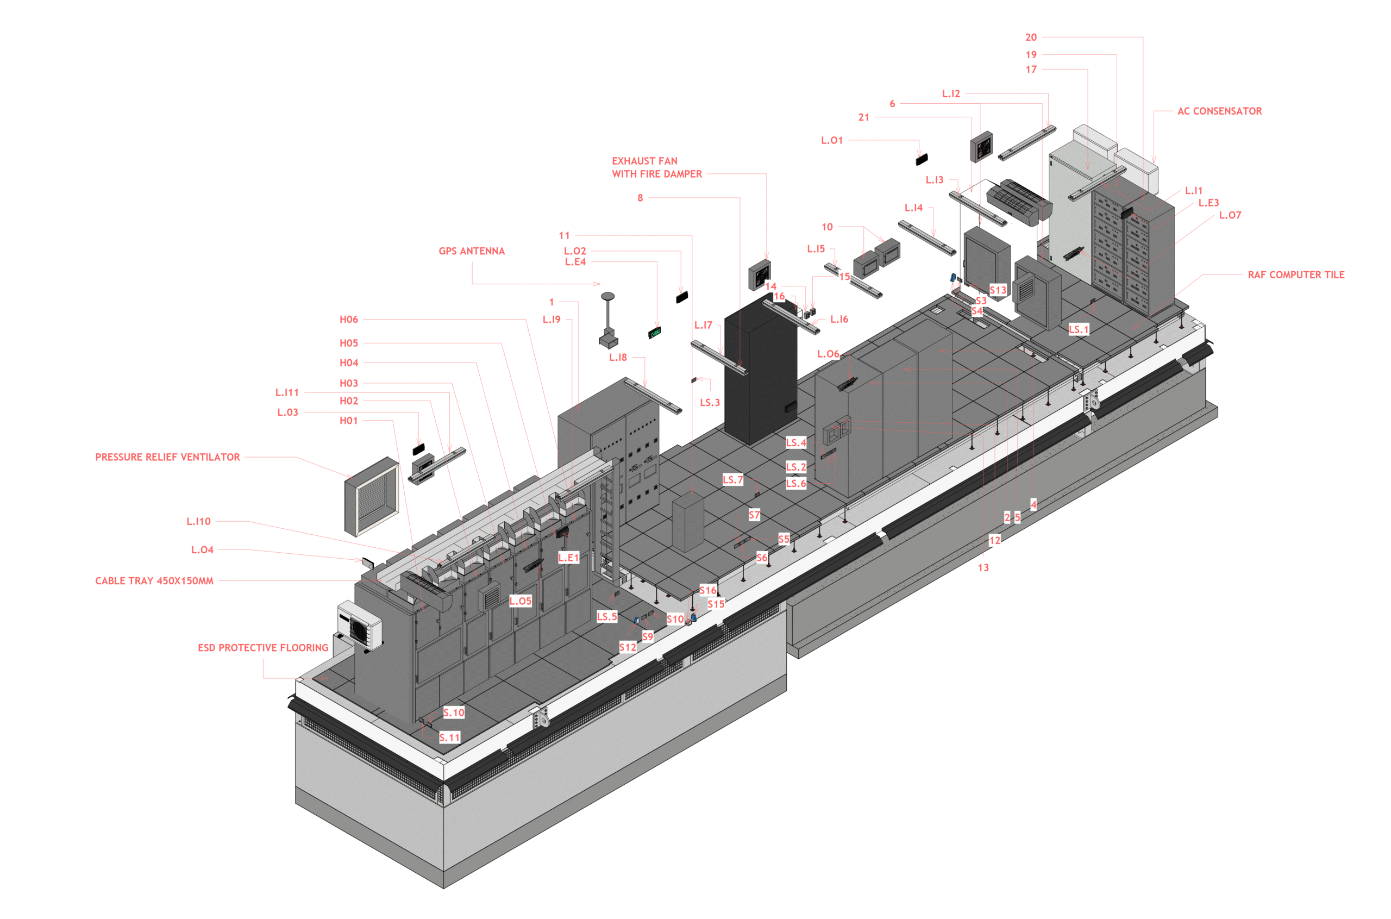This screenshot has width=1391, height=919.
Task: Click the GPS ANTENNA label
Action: pos(471,251)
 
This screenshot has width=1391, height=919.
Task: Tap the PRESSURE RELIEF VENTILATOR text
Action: pos(167,457)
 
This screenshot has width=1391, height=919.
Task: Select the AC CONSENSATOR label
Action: pos(1219,111)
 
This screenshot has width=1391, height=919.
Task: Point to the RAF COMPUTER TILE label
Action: pos(1295,274)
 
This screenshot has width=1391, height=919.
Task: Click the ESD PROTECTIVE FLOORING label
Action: pos(263,648)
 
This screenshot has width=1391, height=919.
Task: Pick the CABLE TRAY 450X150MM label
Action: pos(154,581)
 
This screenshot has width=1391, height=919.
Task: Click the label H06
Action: pos(349,320)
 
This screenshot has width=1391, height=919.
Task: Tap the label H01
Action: pos(349,420)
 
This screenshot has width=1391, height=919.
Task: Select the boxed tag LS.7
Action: pos(732,479)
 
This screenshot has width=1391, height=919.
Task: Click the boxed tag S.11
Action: pos(449,737)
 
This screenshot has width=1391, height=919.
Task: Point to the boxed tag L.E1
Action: pos(568,558)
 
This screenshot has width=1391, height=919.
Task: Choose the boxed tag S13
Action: pos(998,290)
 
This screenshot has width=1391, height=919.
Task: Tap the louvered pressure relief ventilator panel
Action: pos(372,496)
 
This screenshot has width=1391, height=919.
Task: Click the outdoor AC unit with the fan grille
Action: pos(360,625)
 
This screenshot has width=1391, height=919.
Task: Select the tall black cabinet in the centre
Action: pos(761,369)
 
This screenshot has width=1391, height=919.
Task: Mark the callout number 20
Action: pos(1031,37)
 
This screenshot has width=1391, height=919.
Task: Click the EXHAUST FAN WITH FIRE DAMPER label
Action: pos(657,167)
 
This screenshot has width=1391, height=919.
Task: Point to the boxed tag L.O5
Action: pos(521,601)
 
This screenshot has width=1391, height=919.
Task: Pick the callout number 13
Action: pos(983,567)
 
